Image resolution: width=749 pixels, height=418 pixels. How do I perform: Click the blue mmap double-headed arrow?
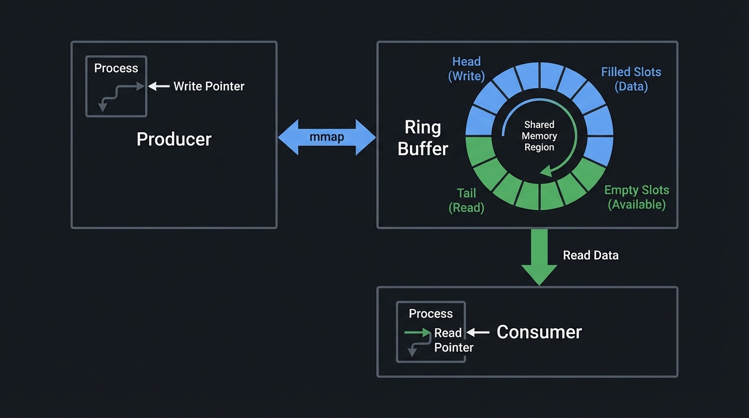click(x=327, y=137)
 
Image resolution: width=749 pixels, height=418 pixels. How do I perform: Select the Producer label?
click(x=174, y=139)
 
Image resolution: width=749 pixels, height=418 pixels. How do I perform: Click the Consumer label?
click(x=539, y=332)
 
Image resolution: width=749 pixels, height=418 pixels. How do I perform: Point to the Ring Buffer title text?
click(x=423, y=138)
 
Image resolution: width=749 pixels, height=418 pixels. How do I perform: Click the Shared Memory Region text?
click(x=539, y=136)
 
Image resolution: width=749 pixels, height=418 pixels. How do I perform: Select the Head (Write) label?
click(x=466, y=69)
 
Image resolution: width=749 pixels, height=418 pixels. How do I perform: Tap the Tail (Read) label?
click(x=466, y=200)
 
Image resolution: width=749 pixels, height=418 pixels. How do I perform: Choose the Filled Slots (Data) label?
click(x=631, y=79)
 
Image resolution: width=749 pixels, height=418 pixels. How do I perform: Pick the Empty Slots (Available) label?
click(x=636, y=197)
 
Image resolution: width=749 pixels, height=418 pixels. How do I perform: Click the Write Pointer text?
click(x=209, y=86)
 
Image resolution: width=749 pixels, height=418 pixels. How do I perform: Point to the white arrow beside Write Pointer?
click(x=159, y=86)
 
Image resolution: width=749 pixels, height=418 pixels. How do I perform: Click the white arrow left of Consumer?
click(x=478, y=332)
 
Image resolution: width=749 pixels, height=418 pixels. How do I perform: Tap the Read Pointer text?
click(x=453, y=340)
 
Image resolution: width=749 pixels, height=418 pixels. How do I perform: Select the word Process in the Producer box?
click(x=116, y=68)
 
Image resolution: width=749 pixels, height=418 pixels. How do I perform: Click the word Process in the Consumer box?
click(x=431, y=313)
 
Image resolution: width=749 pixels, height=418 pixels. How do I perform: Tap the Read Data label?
click(x=591, y=255)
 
